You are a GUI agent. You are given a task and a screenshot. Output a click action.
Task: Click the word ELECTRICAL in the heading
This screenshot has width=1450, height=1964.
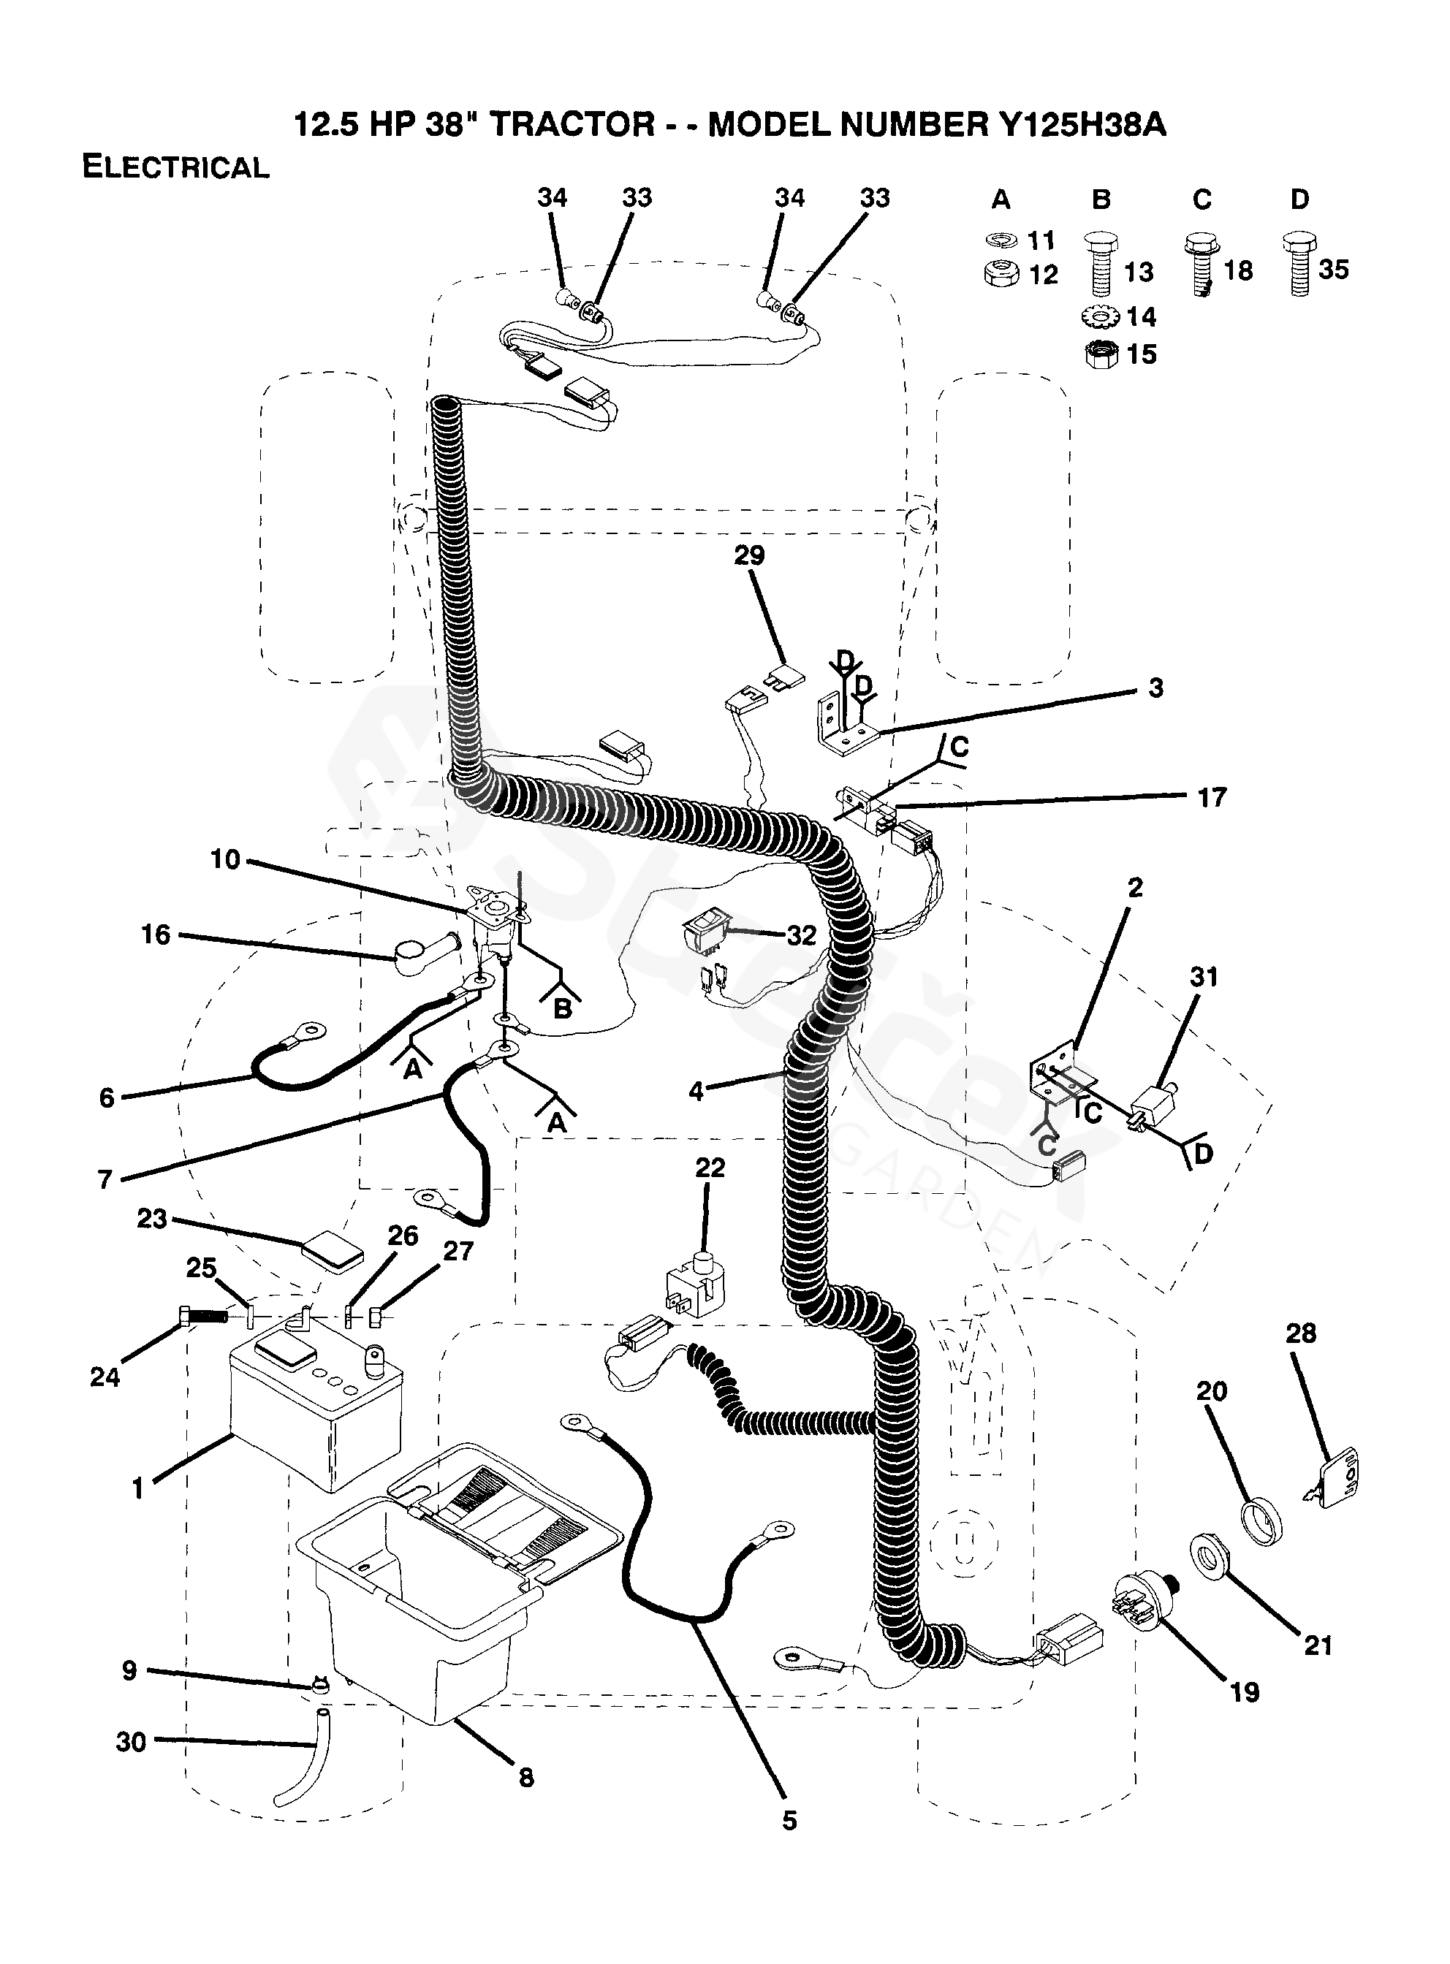175,167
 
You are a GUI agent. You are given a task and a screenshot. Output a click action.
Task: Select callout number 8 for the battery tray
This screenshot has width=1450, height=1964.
525,1778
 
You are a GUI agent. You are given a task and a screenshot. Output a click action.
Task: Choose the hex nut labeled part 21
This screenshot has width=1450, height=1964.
1211,1558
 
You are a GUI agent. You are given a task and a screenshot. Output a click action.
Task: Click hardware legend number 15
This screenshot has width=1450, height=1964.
1141,354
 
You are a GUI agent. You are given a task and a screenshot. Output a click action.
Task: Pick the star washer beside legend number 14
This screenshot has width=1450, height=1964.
1101,315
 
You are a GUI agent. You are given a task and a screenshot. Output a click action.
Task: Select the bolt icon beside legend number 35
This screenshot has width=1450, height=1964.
1299,263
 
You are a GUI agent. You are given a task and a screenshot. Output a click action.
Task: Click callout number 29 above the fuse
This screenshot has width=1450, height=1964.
748,555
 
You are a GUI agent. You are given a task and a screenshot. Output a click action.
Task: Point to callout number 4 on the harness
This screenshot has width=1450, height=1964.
696,1091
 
